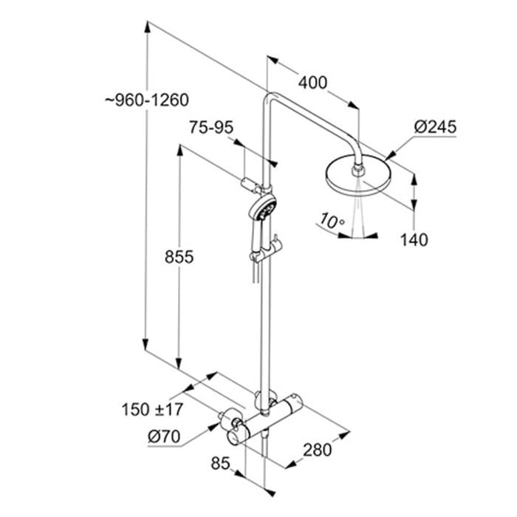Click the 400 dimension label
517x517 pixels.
(x=313, y=83)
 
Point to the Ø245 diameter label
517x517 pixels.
(x=435, y=127)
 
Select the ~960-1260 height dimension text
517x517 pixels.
(x=148, y=100)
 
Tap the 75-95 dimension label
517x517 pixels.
(x=211, y=128)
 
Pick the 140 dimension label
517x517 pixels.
(x=415, y=239)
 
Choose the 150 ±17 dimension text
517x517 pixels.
(x=153, y=408)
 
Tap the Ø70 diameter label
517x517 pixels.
(x=164, y=436)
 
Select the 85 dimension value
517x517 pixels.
(x=220, y=464)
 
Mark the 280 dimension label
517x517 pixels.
(x=316, y=448)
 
